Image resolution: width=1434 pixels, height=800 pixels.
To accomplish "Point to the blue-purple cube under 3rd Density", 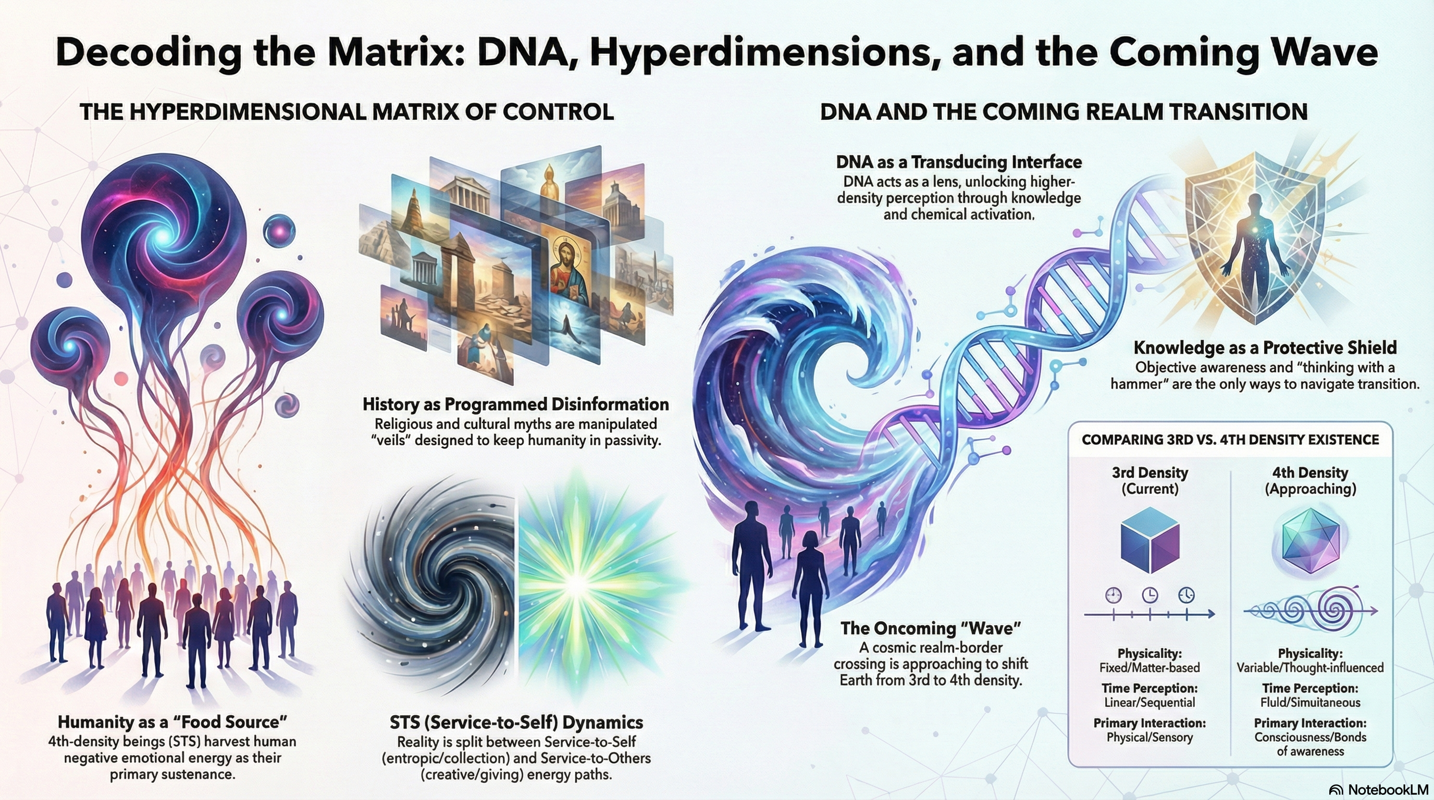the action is (1149, 540).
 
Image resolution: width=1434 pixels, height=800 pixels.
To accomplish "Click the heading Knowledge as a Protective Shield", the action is (1265, 348).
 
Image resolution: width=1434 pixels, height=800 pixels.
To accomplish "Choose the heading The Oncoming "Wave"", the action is (931, 628).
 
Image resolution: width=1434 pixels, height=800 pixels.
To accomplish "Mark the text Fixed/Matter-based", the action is (1149, 668).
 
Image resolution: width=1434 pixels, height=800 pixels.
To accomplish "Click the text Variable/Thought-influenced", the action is (1310, 668).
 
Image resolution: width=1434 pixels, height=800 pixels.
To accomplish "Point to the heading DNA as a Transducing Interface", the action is (959, 162).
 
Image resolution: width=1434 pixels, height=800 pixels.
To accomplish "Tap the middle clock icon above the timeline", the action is (1149, 595).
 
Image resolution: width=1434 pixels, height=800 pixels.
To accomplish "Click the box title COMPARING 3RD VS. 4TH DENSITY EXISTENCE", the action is (1230, 440).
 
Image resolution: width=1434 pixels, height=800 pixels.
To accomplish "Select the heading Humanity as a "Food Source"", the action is (172, 722).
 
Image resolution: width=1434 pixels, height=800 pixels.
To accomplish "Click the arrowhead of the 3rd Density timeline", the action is (1210, 614).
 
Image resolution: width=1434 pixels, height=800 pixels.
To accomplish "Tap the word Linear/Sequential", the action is (1149, 703).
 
